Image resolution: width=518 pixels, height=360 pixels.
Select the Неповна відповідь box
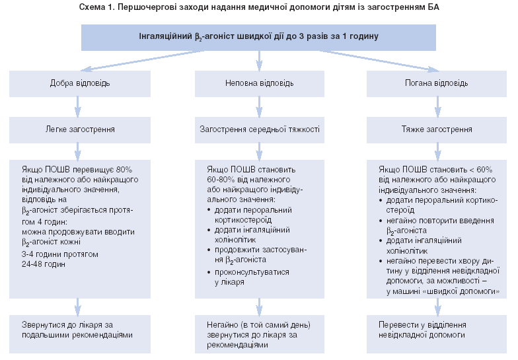(259, 84)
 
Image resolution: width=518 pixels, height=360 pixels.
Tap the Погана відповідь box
(437, 84)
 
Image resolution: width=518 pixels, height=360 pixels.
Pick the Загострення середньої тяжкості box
(259, 129)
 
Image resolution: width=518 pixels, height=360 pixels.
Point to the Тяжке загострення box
(437, 129)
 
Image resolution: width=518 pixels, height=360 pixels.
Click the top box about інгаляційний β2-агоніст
(258, 37)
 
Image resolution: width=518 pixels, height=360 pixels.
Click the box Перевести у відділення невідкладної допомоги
(437, 330)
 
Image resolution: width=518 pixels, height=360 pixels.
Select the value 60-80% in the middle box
(222, 178)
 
